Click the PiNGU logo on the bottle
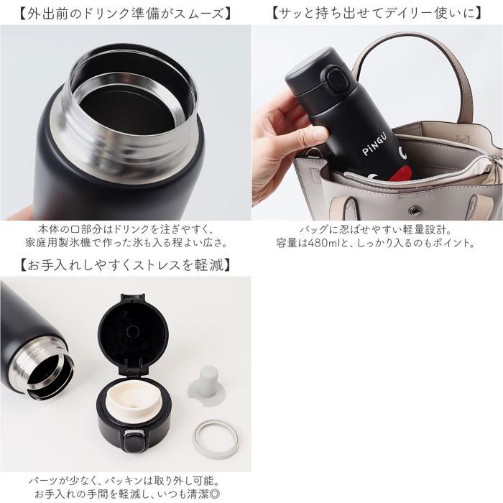[x=374, y=145]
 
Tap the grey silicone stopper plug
[x=207, y=385]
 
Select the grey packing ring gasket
[x=216, y=439]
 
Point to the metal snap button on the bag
[x=415, y=211]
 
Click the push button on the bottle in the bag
[x=336, y=78]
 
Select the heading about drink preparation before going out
[x=125, y=14]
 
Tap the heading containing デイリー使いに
[x=377, y=14]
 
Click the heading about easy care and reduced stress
[x=125, y=265]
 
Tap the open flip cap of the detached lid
[x=133, y=333]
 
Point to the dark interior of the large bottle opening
[x=126, y=111]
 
